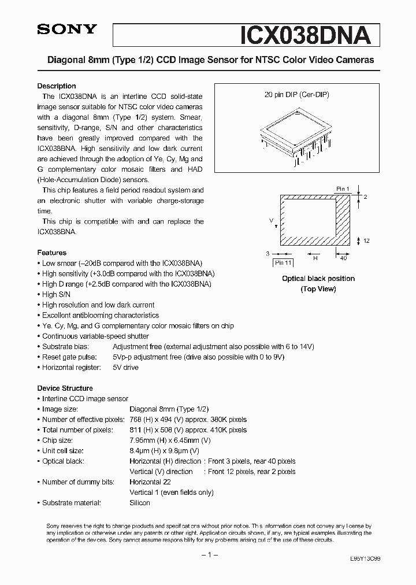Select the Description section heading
pos(57,86)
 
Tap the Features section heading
pos(52,253)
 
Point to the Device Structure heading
pos(65,388)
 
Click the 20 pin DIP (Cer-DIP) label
pos(297,94)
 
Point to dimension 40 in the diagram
pos(343,258)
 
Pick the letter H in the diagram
pos(315,258)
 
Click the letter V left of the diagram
pos(270,221)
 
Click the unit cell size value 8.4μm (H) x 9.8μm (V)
pos(165,451)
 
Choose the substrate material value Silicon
pos(140,503)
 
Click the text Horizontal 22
pos(151,482)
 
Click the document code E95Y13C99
pos(365,560)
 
